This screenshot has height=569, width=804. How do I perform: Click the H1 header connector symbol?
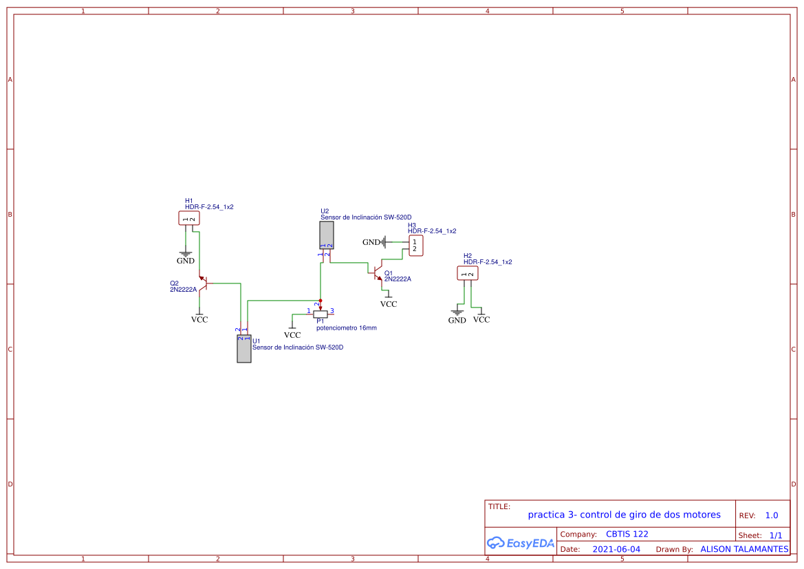[x=188, y=218]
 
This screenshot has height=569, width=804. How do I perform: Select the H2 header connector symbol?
[x=468, y=274]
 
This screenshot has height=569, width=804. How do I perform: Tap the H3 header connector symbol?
[x=415, y=246]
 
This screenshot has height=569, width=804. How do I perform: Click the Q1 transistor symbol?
[x=378, y=274]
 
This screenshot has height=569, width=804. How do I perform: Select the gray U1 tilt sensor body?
[x=243, y=349]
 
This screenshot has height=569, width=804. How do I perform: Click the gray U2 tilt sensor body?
[x=327, y=235]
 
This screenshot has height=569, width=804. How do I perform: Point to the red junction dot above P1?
[x=320, y=300]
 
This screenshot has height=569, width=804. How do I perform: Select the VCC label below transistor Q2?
[x=199, y=319]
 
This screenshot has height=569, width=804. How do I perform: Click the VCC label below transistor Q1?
[x=389, y=303]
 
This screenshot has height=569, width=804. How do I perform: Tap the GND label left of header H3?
[x=371, y=242]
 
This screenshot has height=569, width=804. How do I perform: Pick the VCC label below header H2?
[x=481, y=319]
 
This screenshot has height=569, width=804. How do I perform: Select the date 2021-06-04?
[x=616, y=549]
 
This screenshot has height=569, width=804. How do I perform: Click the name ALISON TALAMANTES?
[x=744, y=549]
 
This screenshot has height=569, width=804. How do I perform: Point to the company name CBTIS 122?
[x=627, y=534]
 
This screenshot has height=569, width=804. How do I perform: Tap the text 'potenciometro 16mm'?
[x=347, y=328]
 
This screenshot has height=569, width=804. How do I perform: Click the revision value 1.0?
[x=771, y=515]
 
